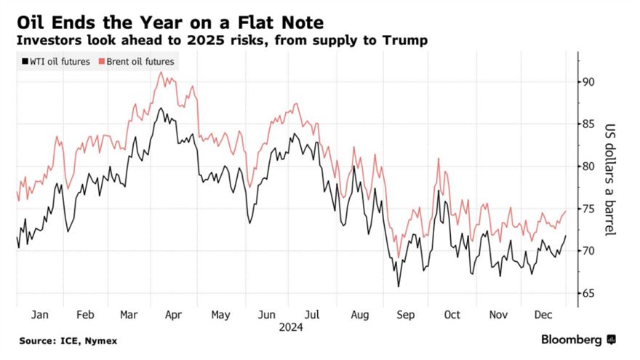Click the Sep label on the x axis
pyautogui.click(x=404, y=314)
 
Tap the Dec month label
pyautogui.click(x=541, y=314)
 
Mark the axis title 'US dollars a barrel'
pyautogui.click(x=610, y=178)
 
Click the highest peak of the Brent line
pyautogui.click(x=160, y=72)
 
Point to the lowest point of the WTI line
pyautogui.click(x=398, y=287)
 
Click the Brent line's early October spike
pyautogui.click(x=439, y=159)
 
